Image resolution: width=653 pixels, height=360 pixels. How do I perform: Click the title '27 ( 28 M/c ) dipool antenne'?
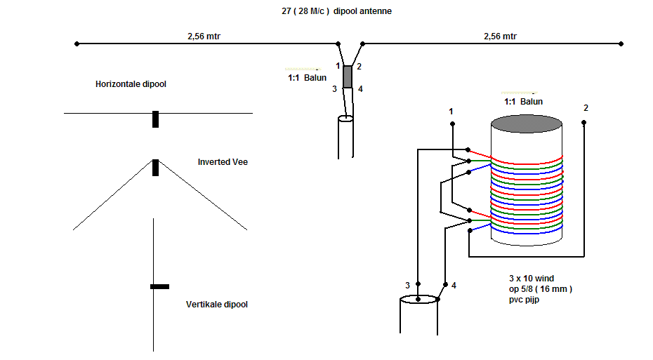click(336, 11)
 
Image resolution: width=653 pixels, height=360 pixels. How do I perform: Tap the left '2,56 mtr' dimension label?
click(204, 36)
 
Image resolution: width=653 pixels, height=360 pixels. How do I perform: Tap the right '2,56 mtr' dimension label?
click(500, 36)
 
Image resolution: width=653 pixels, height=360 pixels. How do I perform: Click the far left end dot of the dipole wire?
click(77, 44)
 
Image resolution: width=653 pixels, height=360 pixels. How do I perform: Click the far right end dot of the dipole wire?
click(621, 44)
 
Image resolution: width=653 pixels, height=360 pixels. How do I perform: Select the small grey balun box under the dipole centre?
click(348, 76)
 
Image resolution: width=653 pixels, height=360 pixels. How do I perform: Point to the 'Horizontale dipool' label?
click(131, 84)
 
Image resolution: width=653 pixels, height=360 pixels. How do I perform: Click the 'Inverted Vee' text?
click(223, 162)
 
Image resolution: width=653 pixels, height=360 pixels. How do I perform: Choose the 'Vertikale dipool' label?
click(216, 305)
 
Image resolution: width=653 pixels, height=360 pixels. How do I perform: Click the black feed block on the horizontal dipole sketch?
click(155, 119)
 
